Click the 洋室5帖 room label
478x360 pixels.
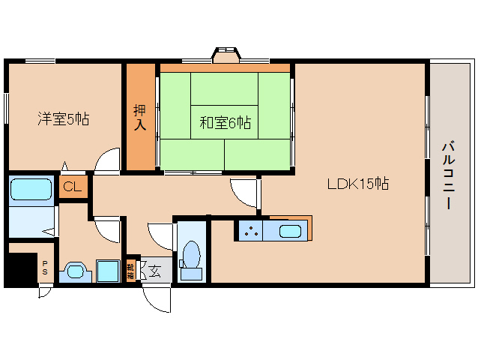[x=64, y=118]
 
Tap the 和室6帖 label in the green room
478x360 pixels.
[x=225, y=122]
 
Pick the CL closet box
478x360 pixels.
[x=73, y=187]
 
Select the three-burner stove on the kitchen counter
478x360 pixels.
[x=251, y=231]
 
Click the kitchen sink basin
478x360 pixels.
[x=290, y=230]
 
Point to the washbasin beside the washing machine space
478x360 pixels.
[x=75, y=271]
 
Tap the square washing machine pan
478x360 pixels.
[x=109, y=271]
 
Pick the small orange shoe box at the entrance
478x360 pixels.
[x=130, y=271]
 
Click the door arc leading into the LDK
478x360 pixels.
[x=245, y=193]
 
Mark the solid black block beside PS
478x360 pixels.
[x=20, y=268]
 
